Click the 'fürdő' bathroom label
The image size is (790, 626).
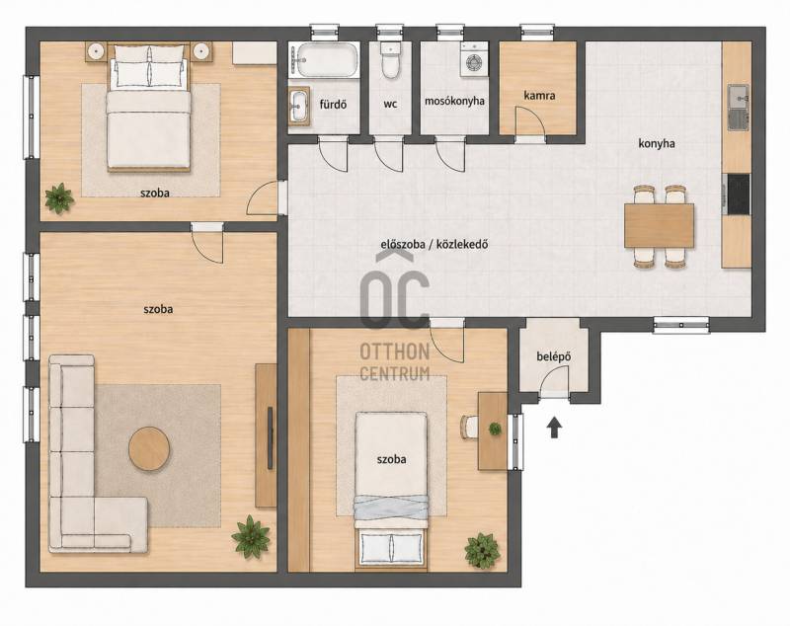(x=333, y=105)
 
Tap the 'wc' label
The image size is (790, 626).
(x=390, y=105)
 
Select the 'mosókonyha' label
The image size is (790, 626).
(x=454, y=101)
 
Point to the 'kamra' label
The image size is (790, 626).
(x=539, y=95)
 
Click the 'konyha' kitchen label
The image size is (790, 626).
(x=657, y=143)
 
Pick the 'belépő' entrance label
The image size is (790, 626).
(x=554, y=356)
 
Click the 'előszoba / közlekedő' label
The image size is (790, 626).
(x=434, y=245)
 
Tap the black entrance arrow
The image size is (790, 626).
(x=554, y=428)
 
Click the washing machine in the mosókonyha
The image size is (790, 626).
(x=474, y=59)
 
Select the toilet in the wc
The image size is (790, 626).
(x=390, y=60)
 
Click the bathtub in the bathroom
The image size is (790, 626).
(x=324, y=60)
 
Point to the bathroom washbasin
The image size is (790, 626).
(x=299, y=106)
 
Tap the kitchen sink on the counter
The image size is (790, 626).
(x=739, y=107)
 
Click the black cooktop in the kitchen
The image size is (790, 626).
(x=738, y=194)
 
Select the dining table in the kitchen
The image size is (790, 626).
(x=659, y=225)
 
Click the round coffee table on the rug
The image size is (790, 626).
(x=149, y=448)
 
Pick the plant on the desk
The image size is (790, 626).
(x=496, y=430)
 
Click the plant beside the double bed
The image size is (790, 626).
(x=59, y=198)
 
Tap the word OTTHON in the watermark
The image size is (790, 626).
(x=394, y=352)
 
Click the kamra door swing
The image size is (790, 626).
(x=530, y=120)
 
